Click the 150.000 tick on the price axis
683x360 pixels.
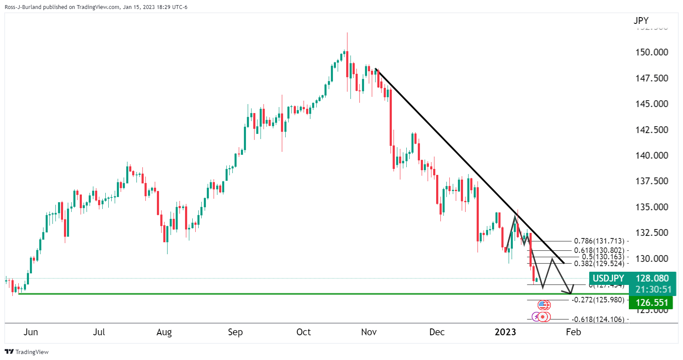point(651,52)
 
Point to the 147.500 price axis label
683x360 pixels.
point(651,78)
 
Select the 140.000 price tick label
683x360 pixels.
point(651,155)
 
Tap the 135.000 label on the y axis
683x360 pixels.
point(651,207)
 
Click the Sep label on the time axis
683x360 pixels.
point(235,332)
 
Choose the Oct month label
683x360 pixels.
point(303,332)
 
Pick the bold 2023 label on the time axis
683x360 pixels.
point(505,332)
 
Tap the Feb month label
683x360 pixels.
point(573,332)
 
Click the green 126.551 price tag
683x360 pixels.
point(651,302)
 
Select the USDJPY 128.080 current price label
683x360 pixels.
point(632,278)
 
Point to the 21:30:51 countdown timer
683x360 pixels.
point(653,289)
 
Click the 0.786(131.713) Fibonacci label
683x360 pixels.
point(599,241)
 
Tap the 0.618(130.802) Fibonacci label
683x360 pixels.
point(599,251)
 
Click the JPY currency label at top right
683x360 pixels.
point(641,20)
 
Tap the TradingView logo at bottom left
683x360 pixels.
point(26,352)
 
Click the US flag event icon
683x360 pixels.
point(542,305)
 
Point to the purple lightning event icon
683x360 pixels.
point(536,317)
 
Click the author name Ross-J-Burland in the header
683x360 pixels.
point(23,7)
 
